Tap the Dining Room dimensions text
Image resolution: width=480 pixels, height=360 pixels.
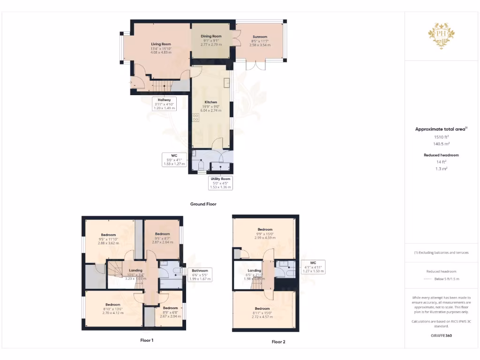coord(211,43)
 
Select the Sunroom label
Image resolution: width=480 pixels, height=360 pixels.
coord(260,37)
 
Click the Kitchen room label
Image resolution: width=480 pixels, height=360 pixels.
coord(211,102)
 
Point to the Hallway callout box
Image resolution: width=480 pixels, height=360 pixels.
coord(164,104)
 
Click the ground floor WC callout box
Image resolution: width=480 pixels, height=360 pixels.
coord(174,159)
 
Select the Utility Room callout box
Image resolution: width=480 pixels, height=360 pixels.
coord(220,182)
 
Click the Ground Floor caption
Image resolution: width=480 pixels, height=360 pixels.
coord(203,204)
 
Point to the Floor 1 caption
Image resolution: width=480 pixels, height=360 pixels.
coord(147,340)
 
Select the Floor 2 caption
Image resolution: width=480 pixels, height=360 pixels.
coord(278,342)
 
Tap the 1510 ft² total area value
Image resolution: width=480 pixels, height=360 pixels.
coord(441,137)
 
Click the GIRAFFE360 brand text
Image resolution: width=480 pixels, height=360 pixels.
coord(441,336)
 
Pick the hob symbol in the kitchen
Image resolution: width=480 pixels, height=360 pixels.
coord(195,118)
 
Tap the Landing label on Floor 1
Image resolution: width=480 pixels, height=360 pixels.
coord(135,270)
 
